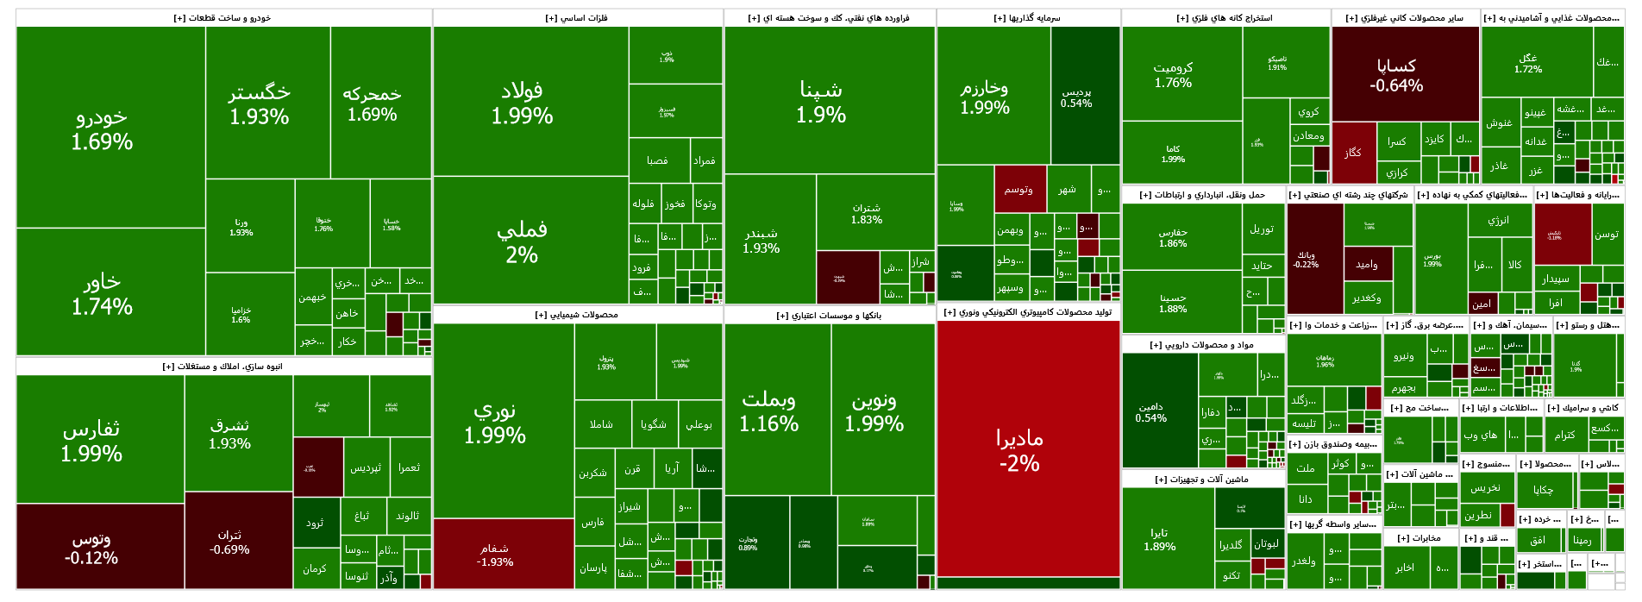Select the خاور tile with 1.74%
tap(102, 293)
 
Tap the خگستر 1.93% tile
tap(259, 103)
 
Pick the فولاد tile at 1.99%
tap(522, 102)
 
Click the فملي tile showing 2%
tap(522, 241)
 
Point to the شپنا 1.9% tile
tap(821, 102)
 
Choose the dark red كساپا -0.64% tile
tap(1396, 75)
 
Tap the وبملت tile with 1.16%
tap(768, 411)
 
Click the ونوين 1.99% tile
tap(874, 411)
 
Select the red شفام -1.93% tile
tap(495, 555)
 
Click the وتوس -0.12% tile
tap(91, 548)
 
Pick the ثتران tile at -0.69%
tap(229, 542)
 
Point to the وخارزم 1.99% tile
tap(985, 97)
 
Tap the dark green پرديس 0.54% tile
tap(1076, 97)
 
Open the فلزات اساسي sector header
tap(577, 18)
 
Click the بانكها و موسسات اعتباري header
tap(829, 316)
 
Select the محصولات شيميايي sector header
tap(577, 315)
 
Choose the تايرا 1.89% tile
tap(1159, 539)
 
